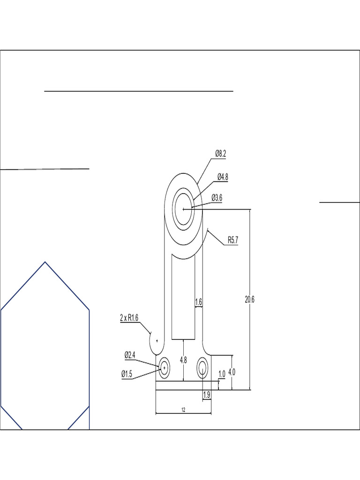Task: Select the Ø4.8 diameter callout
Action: click(223, 177)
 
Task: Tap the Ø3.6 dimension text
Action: click(217, 198)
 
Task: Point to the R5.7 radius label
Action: click(233, 240)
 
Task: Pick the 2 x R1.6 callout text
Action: click(129, 318)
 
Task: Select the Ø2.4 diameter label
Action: click(130, 355)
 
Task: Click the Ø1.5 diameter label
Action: click(127, 374)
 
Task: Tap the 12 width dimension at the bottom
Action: click(183, 410)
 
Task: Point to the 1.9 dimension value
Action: click(207, 396)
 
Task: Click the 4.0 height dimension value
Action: click(232, 372)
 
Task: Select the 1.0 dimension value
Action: click(222, 374)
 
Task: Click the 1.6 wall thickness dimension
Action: click(198, 302)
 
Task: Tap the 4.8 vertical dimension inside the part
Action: click(184, 360)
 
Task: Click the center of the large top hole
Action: click(184, 209)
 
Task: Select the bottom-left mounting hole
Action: click(164, 367)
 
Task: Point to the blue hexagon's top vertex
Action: click(45, 262)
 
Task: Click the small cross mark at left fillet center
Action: click(157, 341)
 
